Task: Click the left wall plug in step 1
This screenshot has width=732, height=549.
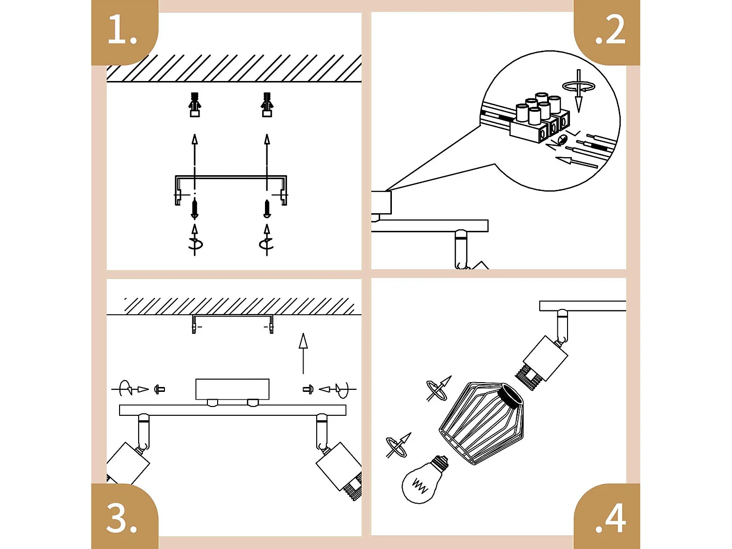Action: pyautogui.click(x=195, y=104)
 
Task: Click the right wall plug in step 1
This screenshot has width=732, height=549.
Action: pyautogui.click(x=267, y=104)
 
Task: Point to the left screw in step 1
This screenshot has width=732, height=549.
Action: pyautogui.click(x=195, y=208)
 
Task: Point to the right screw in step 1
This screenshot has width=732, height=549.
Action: pyautogui.click(x=267, y=208)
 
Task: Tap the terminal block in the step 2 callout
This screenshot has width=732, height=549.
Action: pyautogui.click(x=539, y=120)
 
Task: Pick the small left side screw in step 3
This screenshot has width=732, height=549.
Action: pyautogui.click(x=159, y=389)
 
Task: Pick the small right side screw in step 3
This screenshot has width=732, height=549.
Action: pyautogui.click(x=307, y=389)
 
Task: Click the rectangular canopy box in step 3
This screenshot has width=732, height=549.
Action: pyautogui.click(x=232, y=389)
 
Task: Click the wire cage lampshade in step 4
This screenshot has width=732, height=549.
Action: pyautogui.click(x=481, y=422)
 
